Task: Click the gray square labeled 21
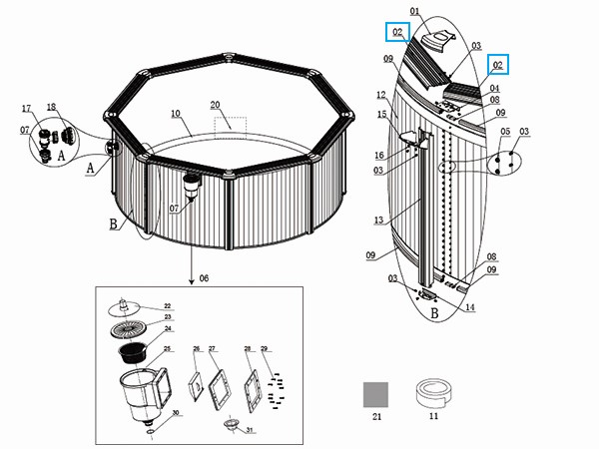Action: (x=375, y=393)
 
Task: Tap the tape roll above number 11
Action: (x=430, y=392)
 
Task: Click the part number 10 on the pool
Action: (x=175, y=114)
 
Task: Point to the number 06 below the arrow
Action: (x=206, y=276)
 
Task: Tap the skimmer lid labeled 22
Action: (x=123, y=305)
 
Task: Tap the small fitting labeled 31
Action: (x=232, y=423)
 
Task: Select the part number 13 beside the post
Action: (x=377, y=221)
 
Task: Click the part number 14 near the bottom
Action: (x=469, y=308)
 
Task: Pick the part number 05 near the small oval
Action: (x=505, y=132)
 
